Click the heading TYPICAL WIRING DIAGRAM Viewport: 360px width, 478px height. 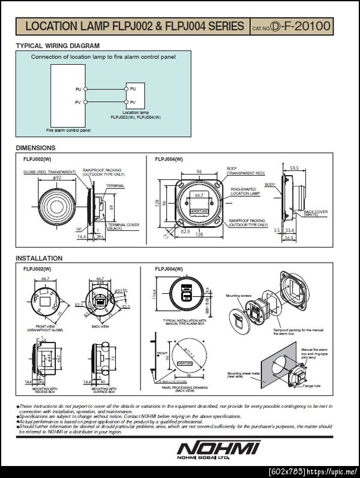click(58, 46)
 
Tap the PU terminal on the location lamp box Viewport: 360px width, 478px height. click(133, 89)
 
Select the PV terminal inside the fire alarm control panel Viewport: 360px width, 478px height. click(77, 102)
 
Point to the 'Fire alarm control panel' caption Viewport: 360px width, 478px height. click(68, 130)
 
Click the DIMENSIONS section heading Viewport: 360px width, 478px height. click(35, 148)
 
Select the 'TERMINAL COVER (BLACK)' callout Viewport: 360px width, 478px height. click(124, 226)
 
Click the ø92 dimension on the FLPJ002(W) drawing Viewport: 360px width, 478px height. click(58, 178)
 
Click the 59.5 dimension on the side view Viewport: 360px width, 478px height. click(294, 168)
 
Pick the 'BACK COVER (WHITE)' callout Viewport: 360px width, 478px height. click(316, 213)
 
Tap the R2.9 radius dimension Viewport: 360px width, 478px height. click(185, 231)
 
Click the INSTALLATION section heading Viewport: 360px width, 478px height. click(39, 258)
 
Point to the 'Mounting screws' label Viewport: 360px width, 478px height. click(238, 296)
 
